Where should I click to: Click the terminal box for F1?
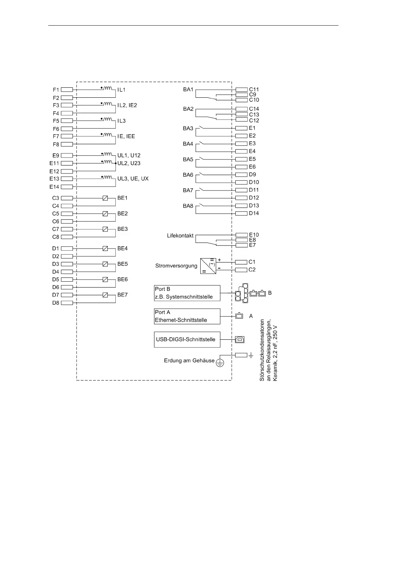[x=67, y=89]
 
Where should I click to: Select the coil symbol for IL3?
[x=108, y=119]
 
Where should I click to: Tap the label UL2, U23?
[x=129, y=163]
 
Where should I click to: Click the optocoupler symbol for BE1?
[x=105, y=198]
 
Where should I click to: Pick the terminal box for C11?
[x=241, y=89]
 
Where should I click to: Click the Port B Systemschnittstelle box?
[x=187, y=293]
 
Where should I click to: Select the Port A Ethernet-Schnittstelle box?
[x=187, y=316]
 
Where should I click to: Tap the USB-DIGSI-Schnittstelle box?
[x=187, y=339]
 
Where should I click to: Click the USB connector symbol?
[x=240, y=339]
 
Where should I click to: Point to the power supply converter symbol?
[x=208, y=266]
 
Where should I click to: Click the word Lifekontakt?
[x=180, y=236]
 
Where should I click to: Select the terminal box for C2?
[x=241, y=270]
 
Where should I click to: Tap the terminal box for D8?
[x=67, y=303]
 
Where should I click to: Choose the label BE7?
[x=122, y=295]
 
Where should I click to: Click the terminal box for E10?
[x=241, y=235]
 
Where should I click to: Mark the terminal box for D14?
[x=241, y=213]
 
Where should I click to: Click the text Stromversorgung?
[x=176, y=266]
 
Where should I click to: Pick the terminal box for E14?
[x=67, y=187]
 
